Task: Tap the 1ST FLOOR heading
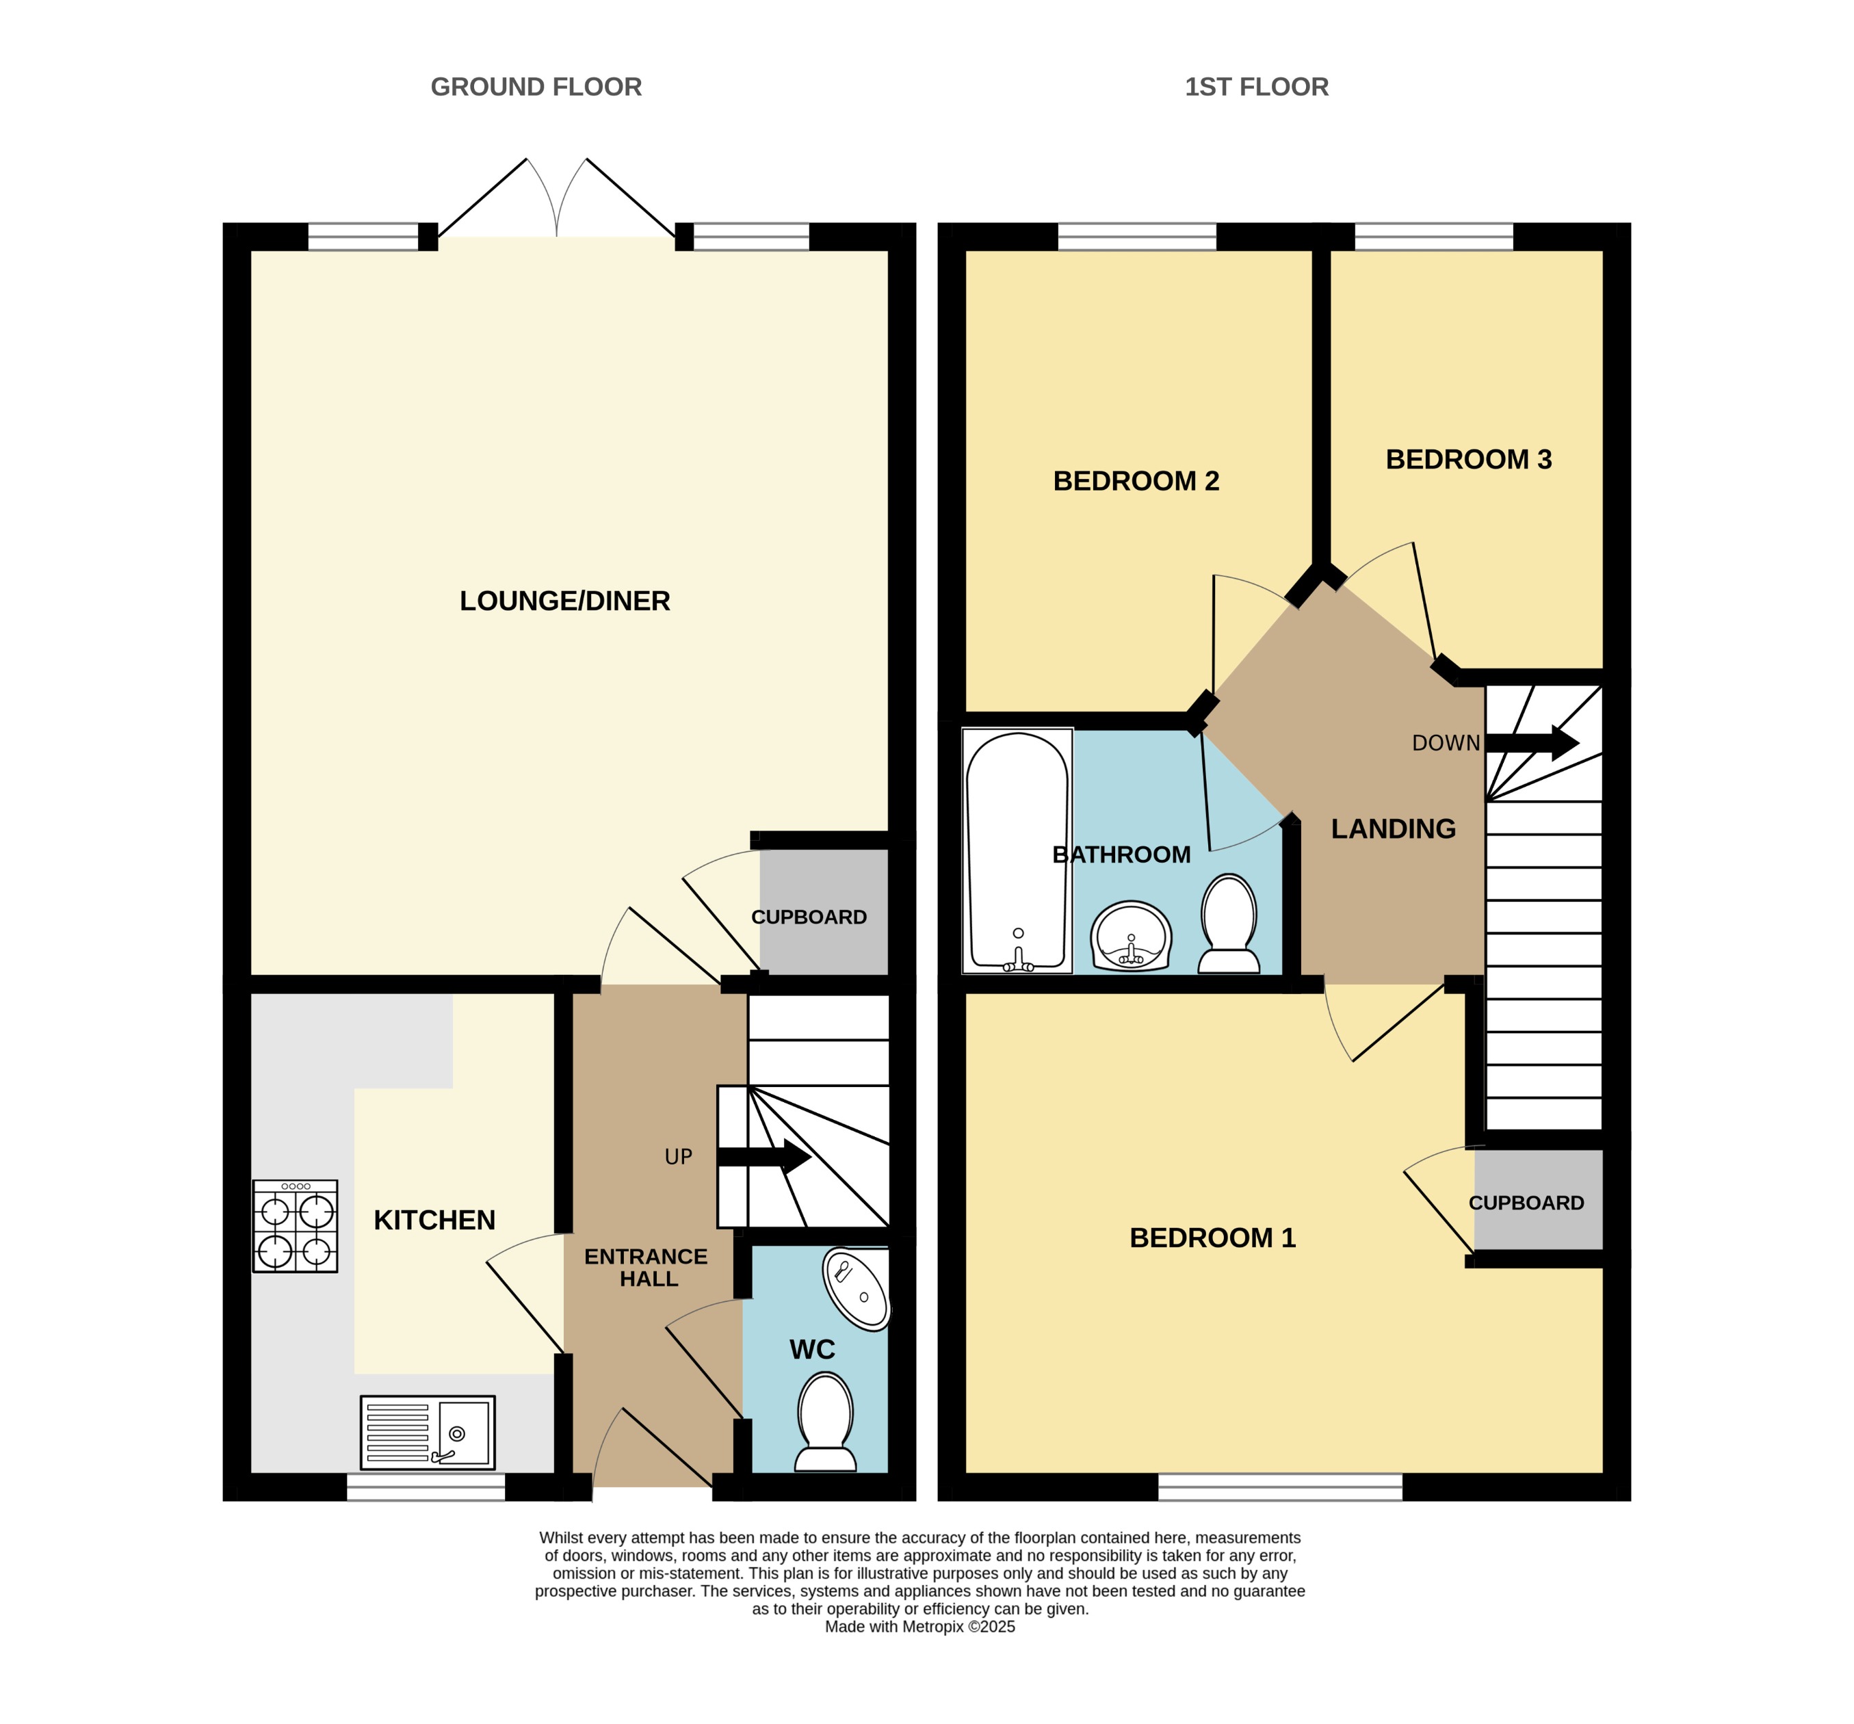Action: pyautogui.click(x=1255, y=87)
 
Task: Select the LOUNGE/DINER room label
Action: pyautogui.click(x=564, y=601)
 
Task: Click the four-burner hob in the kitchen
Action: pyautogui.click(x=295, y=1225)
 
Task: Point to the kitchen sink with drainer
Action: pyautogui.click(x=427, y=1431)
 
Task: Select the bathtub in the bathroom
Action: pyautogui.click(x=1017, y=850)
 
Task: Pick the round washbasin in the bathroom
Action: pyautogui.click(x=1130, y=936)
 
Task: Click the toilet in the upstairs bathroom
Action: pyautogui.click(x=1228, y=923)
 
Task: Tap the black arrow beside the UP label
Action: pyautogui.click(x=765, y=1157)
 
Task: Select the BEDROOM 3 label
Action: pyautogui.click(x=1468, y=459)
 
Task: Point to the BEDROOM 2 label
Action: pyautogui.click(x=1135, y=480)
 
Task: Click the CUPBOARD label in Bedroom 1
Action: pyautogui.click(x=1526, y=1203)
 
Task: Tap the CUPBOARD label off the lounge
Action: pyautogui.click(x=809, y=917)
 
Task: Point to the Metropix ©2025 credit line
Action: pyautogui.click(x=919, y=1627)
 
